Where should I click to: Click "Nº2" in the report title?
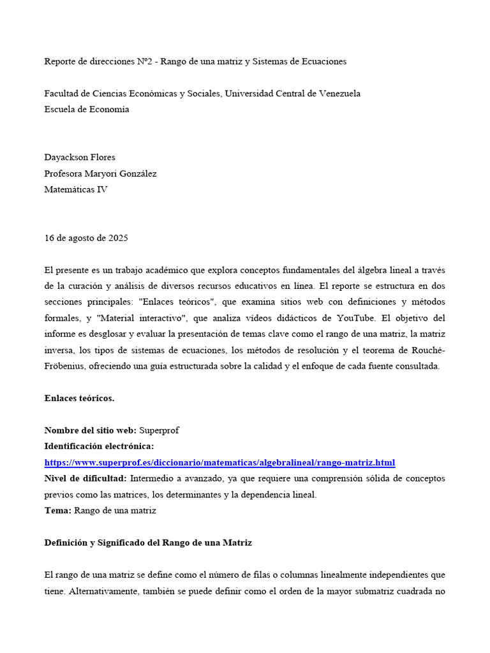pos(145,62)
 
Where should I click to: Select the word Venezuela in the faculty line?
pos(336,94)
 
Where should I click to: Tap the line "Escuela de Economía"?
pos(87,109)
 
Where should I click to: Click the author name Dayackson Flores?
pos(80,158)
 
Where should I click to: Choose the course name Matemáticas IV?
pos(76,189)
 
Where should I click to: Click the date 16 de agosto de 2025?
pos(86,238)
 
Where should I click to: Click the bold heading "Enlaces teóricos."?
pos(80,399)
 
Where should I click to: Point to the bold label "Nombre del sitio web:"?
pos(91,430)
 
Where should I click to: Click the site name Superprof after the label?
pos(159,430)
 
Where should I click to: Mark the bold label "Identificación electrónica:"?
pos(99,446)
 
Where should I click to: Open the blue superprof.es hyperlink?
pos(219,462)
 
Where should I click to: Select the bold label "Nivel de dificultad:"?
pos(85,478)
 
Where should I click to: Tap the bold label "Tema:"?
pos(58,510)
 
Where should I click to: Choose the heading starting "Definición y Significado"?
pos(148,543)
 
